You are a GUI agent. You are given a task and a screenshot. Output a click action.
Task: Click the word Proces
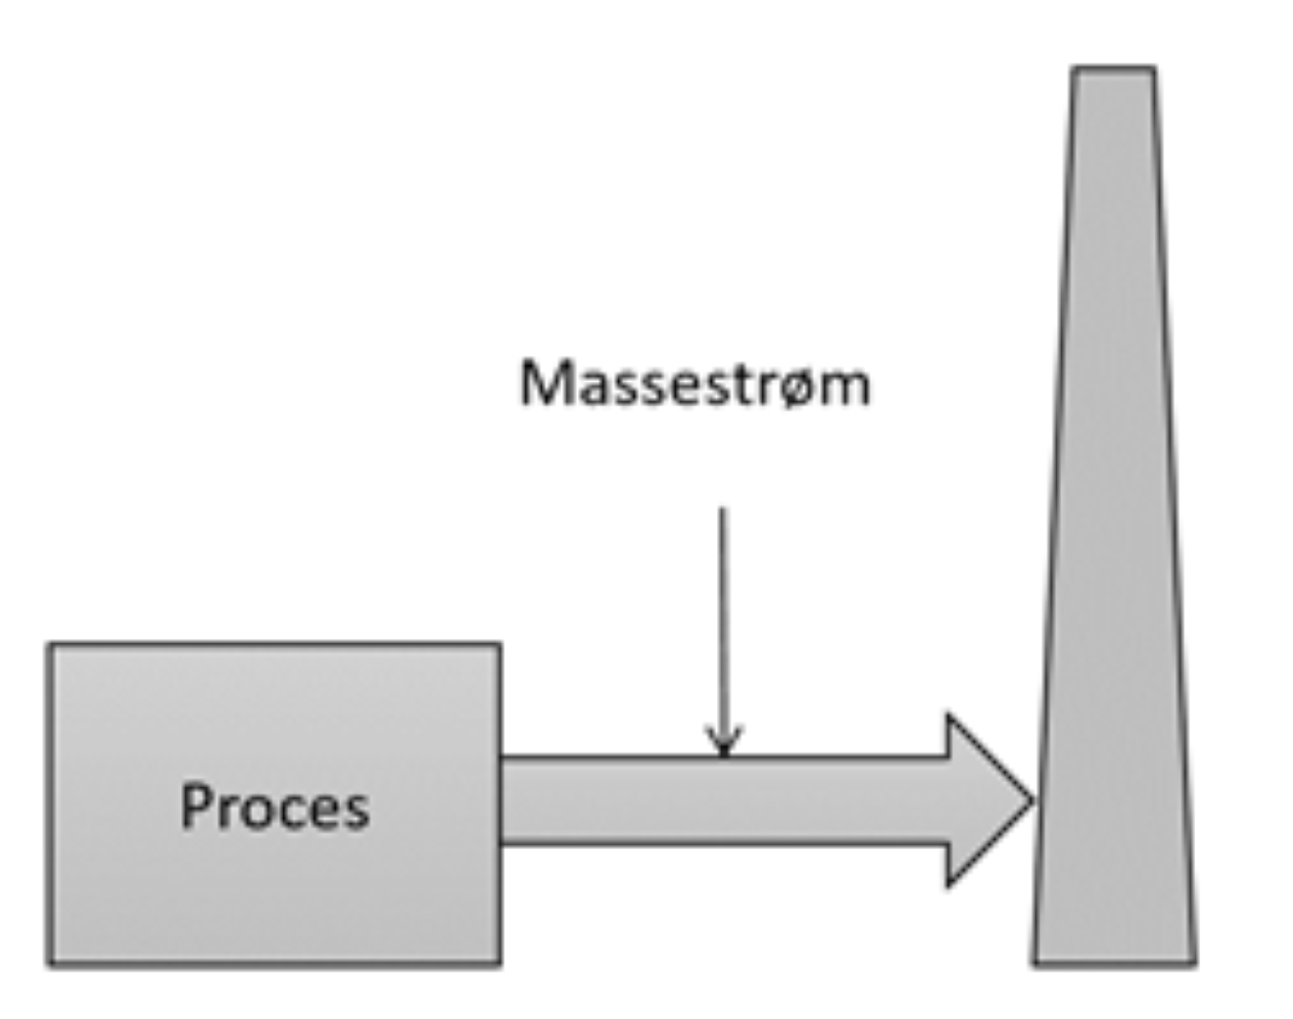coord(275,808)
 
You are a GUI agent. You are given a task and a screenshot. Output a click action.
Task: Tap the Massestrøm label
coord(694,383)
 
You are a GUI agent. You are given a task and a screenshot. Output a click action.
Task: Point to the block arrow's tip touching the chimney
coord(1032,801)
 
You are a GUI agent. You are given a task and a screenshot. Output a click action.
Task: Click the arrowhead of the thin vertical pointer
coord(723,744)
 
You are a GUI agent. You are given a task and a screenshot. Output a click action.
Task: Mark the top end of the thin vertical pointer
coord(723,509)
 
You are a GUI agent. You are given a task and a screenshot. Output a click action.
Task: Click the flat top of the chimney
coord(1113,69)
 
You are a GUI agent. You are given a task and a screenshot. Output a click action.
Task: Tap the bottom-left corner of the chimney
coord(1034,964)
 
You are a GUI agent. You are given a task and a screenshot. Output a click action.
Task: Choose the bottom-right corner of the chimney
coord(1195,964)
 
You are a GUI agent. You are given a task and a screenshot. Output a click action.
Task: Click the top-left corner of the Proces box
coord(50,645)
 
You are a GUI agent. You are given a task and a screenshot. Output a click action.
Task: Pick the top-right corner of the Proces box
coord(500,645)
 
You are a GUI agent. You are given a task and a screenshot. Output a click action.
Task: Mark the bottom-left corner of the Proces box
coord(50,964)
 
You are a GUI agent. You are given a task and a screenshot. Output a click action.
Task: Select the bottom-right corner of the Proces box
coord(500,964)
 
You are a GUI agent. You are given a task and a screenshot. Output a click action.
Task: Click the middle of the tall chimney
coord(1115,519)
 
